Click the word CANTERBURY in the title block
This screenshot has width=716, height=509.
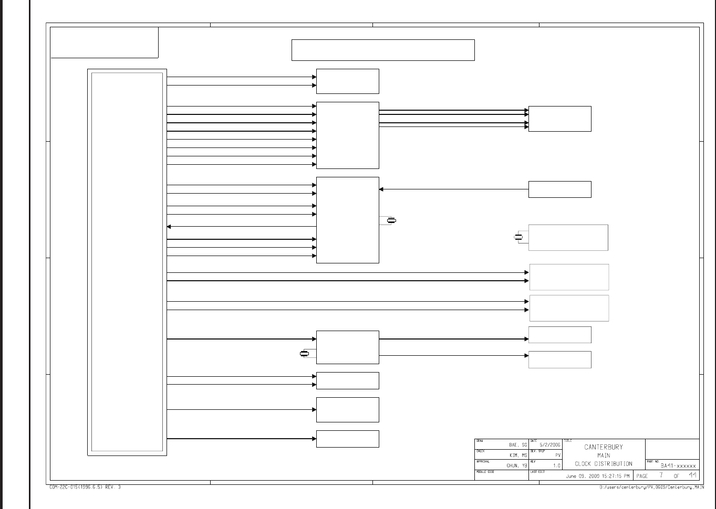pyautogui.click(x=603, y=447)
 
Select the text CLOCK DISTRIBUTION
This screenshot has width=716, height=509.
pyautogui.click(x=603, y=464)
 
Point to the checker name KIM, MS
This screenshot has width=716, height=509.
pyautogui.click(x=518, y=455)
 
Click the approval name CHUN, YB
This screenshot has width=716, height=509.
pyautogui.click(x=516, y=465)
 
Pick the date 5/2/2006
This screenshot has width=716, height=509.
pyautogui.click(x=549, y=445)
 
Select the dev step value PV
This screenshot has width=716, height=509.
pyautogui.click(x=558, y=455)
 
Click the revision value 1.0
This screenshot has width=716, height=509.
pyautogui.click(x=557, y=465)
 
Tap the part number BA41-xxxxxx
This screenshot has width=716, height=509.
pyautogui.click(x=678, y=466)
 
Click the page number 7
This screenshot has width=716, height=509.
pyautogui.click(x=661, y=475)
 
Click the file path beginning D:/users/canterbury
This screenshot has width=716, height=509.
pyautogui.click(x=651, y=487)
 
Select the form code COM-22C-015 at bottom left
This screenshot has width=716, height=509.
pyautogui.click(x=85, y=487)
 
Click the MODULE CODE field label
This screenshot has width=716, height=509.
pyautogui.click(x=485, y=472)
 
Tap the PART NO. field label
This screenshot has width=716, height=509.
pyautogui.click(x=652, y=462)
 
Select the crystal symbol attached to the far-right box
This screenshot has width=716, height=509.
pyautogui.click(x=518, y=238)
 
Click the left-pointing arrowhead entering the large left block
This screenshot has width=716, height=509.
pyautogui.click(x=169, y=227)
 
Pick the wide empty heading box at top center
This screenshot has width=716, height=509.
pyautogui.click(x=383, y=50)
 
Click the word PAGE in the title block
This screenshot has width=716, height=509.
pyautogui.click(x=642, y=476)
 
